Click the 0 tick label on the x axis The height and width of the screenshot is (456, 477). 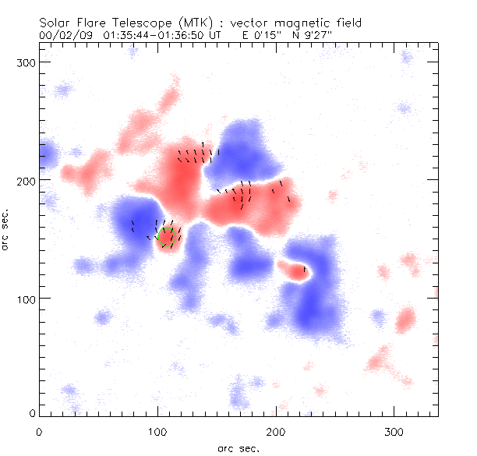coord(39,429)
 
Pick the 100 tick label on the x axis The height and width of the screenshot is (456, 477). coord(157,429)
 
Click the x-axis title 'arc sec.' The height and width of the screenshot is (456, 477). coord(238,447)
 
